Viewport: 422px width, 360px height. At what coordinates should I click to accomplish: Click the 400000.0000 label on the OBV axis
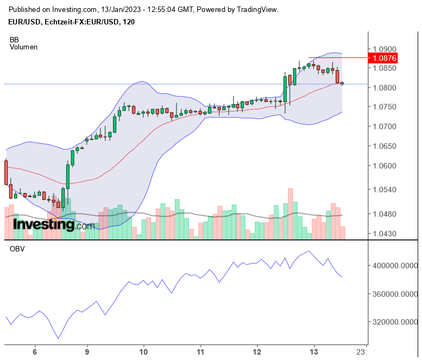[x=393, y=266]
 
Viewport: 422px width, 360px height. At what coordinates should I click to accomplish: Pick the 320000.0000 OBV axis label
[x=393, y=322]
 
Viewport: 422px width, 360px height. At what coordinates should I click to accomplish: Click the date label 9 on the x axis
[x=87, y=351]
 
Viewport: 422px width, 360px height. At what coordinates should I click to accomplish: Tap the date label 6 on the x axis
[x=35, y=351]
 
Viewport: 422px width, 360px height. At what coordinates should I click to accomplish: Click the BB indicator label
[x=14, y=40]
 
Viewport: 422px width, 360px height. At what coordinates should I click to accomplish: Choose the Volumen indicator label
[x=23, y=47]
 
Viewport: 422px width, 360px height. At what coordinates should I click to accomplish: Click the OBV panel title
[x=17, y=249]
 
